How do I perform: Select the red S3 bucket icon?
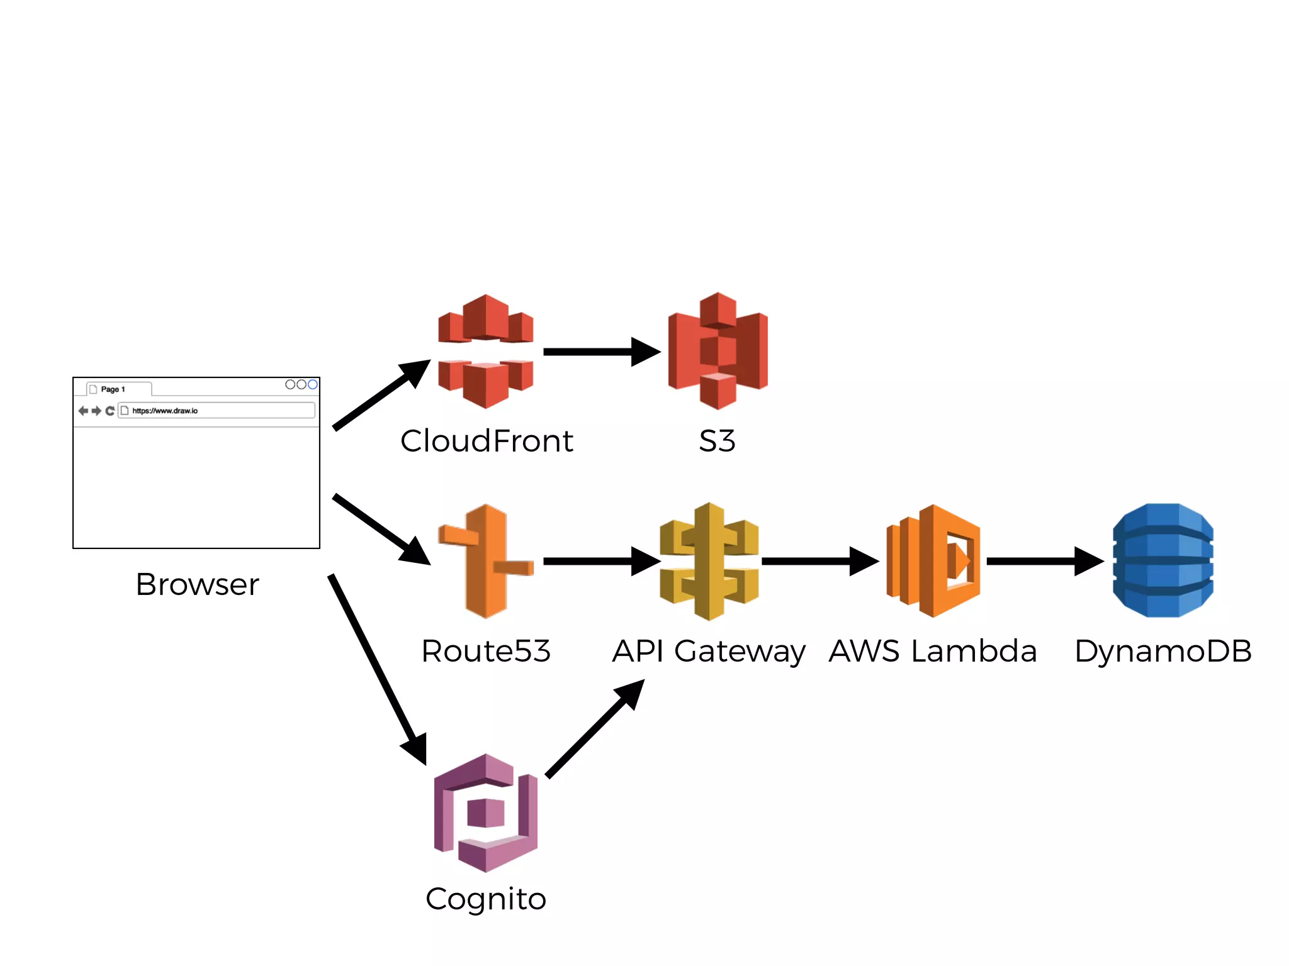coord(718,351)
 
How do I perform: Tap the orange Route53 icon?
coord(485,561)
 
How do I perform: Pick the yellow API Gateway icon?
coord(709,561)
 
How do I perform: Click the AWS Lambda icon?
coord(933,561)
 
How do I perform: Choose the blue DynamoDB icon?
coord(1162,560)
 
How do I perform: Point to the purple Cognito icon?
coord(485,813)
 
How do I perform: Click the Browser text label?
coord(197,584)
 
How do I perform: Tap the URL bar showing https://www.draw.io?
coord(217,411)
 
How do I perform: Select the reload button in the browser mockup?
coord(110,411)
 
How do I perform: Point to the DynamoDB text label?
coord(1162,651)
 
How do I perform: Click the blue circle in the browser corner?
coord(312,384)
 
